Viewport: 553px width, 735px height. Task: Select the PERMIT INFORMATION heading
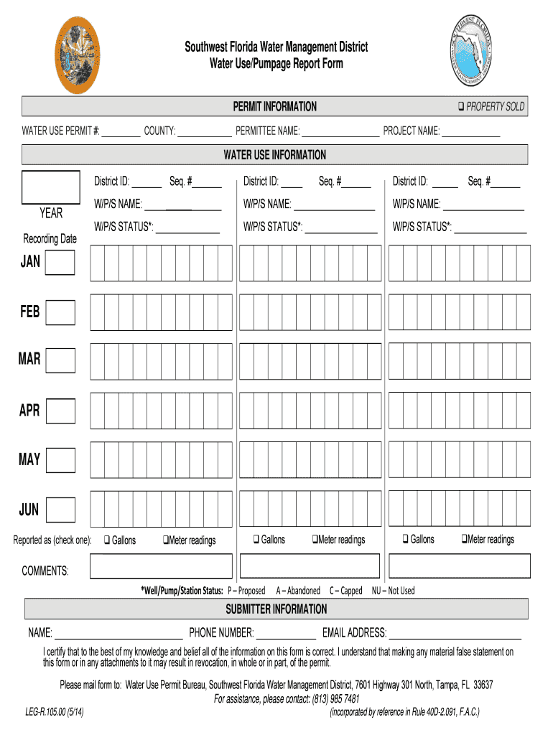[x=274, y=107]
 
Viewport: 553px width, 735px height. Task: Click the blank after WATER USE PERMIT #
[x=121, y=131]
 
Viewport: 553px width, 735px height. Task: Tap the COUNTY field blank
[x=205, y=131]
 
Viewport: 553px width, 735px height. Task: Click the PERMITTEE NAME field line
[x=340, y=131]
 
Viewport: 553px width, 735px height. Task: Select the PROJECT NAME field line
[x=471, y=131]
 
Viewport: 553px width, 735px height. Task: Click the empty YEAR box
[x=51, y=188]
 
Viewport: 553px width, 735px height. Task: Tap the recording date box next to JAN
[x=60, y=263]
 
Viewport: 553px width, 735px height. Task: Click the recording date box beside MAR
[x=60, y=360]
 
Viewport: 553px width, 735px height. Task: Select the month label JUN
[x=29, y=510]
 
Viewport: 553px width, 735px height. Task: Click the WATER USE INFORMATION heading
[x=274, y=155]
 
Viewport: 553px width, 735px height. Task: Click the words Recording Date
[x=50, y=238]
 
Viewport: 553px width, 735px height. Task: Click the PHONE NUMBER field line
[x=286, y=634]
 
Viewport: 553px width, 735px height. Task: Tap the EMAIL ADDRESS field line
[x=455, y=634]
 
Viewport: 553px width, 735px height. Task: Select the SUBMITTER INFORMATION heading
[x=276, y=609]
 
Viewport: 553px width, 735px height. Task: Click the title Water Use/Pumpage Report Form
[x=276, y=64]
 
